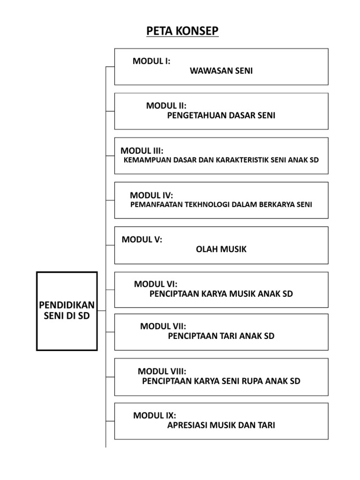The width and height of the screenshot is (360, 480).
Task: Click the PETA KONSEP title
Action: click(x=182, y=31)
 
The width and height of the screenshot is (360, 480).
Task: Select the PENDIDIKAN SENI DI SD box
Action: click(x=67, y=311)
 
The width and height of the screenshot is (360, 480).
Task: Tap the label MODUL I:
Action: click(x=151, y=61)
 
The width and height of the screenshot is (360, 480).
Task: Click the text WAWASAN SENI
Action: click(x=221, y=71)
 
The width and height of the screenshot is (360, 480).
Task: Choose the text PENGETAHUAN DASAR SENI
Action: click(x=221, y=116)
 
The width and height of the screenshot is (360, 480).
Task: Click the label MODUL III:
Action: click(x=142, y=151)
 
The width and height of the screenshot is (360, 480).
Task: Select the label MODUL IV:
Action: click(x=151, y=195)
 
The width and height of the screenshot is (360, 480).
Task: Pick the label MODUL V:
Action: click(x=142, y=240)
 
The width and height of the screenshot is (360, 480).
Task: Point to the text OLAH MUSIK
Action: click(x=221, y=249)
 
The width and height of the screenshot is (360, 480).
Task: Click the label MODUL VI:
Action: click(x=156, y=284)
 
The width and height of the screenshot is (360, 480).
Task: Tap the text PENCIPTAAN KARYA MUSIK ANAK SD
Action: click(x=221, y=294)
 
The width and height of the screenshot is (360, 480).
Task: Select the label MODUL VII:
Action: click(x=163, y=326)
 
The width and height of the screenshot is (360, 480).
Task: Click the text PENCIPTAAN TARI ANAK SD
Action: click(x=221, y=336)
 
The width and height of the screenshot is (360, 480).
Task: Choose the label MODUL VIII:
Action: click(x=165, y=371)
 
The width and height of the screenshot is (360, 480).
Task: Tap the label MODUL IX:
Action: click(x=154, y=416)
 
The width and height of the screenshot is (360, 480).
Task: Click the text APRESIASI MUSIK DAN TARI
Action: click(x=221, y=426)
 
